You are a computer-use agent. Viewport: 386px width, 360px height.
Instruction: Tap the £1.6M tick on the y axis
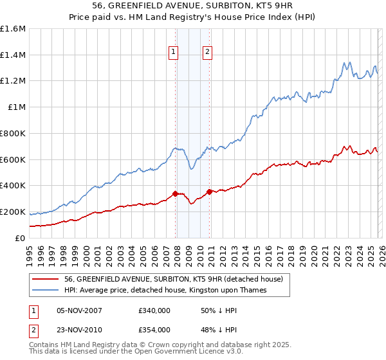click(13, 29)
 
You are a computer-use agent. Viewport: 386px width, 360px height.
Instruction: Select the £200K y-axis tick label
click(13, 212)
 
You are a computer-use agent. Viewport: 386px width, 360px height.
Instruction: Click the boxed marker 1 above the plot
click(174, 53)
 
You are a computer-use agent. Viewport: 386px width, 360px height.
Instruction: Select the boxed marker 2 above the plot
click(208, 53)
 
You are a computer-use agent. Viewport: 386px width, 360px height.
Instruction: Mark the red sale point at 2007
click(175, 193)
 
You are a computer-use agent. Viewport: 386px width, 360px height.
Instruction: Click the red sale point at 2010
click(210, 191)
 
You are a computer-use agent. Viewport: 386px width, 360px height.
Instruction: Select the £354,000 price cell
click(154, 330)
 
